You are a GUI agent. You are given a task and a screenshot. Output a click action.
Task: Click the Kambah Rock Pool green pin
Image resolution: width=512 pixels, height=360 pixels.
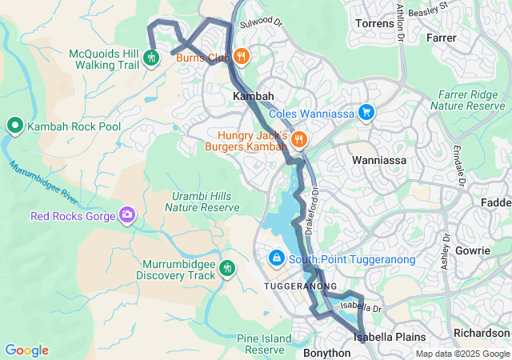point(15,126)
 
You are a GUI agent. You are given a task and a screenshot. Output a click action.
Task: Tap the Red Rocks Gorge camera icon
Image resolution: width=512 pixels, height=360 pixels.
point(127,214)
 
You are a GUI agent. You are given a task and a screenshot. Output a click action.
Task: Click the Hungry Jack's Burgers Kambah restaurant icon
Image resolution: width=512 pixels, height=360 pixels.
point(299,139)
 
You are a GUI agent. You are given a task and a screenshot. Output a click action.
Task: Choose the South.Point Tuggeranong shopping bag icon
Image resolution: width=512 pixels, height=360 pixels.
point(276,258)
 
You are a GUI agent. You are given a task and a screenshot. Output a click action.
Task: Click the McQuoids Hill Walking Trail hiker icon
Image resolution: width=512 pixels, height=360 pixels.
point(151,57)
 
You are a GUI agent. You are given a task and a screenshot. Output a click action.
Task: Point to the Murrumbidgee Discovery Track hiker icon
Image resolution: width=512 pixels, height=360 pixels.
point(228,269)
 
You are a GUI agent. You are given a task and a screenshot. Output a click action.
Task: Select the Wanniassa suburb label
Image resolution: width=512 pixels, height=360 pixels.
point(379,160)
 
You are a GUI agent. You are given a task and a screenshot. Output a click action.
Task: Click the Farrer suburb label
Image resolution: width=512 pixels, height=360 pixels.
point(442,37)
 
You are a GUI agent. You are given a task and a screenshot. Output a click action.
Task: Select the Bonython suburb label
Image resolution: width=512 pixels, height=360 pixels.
point(326,353)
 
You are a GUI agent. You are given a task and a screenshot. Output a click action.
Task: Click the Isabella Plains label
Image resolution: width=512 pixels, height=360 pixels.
point(384,337)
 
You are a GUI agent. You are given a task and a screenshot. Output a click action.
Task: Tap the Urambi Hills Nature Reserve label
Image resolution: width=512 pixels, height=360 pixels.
point(202,202)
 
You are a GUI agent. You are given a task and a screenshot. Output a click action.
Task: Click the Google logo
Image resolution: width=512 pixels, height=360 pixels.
point(26,350)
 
